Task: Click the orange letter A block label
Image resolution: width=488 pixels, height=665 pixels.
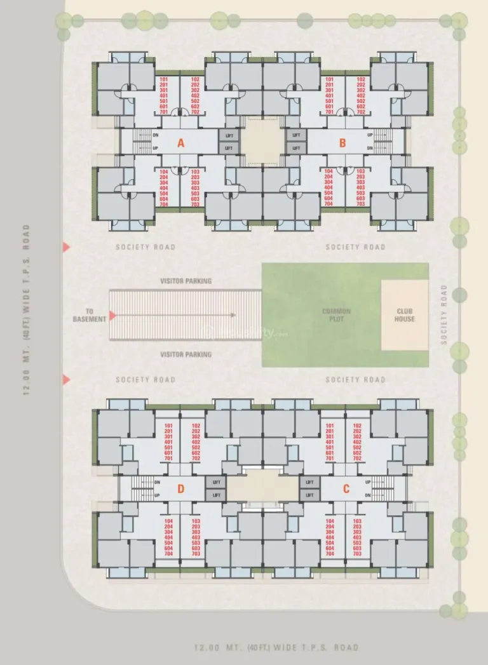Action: tap(180, 143)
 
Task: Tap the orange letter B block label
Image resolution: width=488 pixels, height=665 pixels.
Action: tap(342, 143)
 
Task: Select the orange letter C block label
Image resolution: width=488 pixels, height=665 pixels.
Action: tap(346, 488)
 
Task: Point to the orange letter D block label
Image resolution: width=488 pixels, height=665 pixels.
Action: tap(181, 488)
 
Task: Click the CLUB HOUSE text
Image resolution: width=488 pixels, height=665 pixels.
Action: tap(405, 315)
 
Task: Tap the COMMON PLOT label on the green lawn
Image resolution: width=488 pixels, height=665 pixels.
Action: tap(336, 315)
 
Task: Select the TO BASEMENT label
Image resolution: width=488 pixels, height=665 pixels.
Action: tap(88, 315)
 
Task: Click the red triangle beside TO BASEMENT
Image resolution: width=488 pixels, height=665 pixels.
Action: tap(112, 315)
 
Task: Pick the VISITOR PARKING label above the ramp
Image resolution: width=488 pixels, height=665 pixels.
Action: tap(186, 281)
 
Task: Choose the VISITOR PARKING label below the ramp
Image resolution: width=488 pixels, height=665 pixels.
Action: tap(186, 354)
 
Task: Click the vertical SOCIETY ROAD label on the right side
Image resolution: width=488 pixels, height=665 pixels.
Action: tap(444, 314)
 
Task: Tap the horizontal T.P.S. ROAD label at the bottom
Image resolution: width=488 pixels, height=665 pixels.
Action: tap(276, 648)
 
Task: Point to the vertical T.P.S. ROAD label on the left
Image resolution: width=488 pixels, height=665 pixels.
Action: tap(26, 309)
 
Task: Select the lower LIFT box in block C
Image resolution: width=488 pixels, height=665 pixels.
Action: tap(309, 495)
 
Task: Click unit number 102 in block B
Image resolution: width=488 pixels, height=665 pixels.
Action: tap(361, 79)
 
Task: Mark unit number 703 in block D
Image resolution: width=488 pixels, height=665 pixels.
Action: tap(196, 554)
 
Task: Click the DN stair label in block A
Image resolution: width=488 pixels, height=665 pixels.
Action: tap(156, 135)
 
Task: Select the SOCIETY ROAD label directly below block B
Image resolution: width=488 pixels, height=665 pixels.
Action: tap(355, 247)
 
